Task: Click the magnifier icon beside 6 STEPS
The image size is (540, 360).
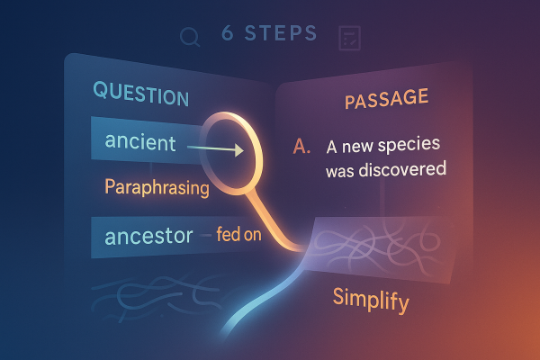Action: (x=190, y=36)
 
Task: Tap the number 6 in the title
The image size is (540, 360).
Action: (x=229, y=35)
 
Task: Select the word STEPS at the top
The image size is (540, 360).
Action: (x=281, y=35)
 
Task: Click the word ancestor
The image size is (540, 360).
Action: (x=148, y=237)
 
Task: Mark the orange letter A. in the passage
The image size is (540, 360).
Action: (x=302, y=146)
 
